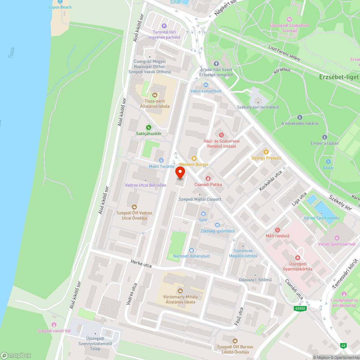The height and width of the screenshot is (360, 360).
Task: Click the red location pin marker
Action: pos(180,174)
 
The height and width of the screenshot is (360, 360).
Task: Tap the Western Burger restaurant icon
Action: pos(194,158)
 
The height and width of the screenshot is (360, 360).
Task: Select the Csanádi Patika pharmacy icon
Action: pos(208,178)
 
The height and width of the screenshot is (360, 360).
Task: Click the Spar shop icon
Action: pos(203,213)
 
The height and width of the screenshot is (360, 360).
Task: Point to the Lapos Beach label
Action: pos(60,7)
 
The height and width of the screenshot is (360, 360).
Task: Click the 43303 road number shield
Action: pos(300,309)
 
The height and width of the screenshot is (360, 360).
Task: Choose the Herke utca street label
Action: pos(141,264)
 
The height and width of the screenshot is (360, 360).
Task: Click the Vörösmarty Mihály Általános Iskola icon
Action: pos(180,291)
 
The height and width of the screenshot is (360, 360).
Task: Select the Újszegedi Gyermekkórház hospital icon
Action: pos(297,258)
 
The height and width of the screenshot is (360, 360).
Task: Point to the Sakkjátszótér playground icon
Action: pos(148,127)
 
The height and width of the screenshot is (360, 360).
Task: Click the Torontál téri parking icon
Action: pos(164,26)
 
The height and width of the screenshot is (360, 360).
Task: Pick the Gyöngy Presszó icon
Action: pos(266,152)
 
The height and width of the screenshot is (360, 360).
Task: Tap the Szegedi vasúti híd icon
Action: pos(54,325)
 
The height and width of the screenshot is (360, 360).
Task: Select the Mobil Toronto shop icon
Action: pos(161,160)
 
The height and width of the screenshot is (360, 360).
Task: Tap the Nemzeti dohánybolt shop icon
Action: pos(191,250)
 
